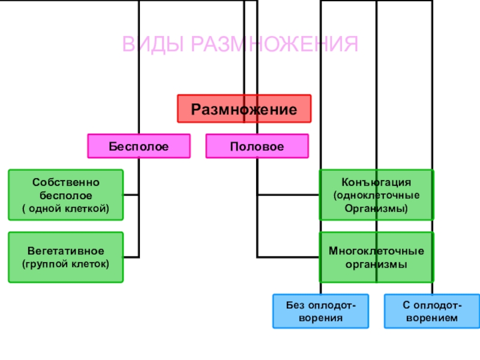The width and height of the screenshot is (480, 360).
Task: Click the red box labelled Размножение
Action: tap(244, 109)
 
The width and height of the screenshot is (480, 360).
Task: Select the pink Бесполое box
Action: tap(139, 146)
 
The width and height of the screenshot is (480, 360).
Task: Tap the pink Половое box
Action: tap(257, 146)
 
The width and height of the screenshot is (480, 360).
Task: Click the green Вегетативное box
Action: tap(65, 257)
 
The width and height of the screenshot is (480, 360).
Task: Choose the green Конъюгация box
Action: tap(376, 195)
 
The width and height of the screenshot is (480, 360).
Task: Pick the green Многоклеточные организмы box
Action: tap(376, 257)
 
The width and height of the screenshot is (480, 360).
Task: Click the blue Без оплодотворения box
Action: tap(314, 311)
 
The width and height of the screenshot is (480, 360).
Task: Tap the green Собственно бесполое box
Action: tap(65, 194)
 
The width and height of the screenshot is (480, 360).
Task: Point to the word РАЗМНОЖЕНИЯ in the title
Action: tap(275, 44)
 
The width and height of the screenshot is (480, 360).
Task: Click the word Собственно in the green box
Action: tap(66, 182)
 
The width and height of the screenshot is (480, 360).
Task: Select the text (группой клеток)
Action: tap(65, 263)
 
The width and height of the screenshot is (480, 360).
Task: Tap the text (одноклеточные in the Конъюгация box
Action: tap(376, 196)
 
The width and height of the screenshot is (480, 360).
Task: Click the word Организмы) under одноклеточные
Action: tap(376, 209)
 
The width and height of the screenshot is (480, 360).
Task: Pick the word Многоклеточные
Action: tap(376, 250)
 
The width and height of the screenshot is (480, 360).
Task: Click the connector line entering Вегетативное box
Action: tap(132, 257)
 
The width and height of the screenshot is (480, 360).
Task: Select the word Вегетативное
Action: tap(65, 250)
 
